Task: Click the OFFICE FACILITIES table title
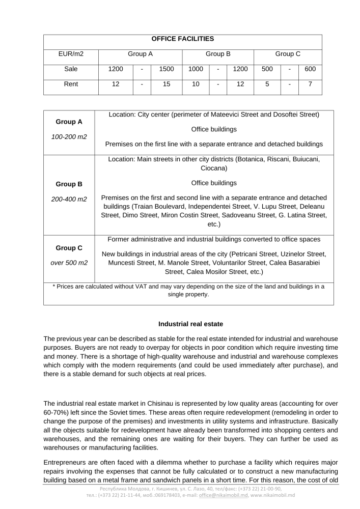coord(183,39)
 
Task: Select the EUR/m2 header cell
coord(71,53)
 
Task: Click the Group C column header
coord(288,53)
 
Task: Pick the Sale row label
coord(71,69)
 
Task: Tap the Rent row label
coord(71,84)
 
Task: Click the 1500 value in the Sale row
coord(167,69)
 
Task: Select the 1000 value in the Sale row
coord(196,69)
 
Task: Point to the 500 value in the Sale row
coord(267,69)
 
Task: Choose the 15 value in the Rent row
coord(167,84)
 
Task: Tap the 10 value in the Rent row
coord(196,84)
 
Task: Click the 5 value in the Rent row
coord(267,84)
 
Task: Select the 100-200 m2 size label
coord(69,137)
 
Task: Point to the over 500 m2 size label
coord(69,263)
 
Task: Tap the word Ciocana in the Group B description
coord(214,168)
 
